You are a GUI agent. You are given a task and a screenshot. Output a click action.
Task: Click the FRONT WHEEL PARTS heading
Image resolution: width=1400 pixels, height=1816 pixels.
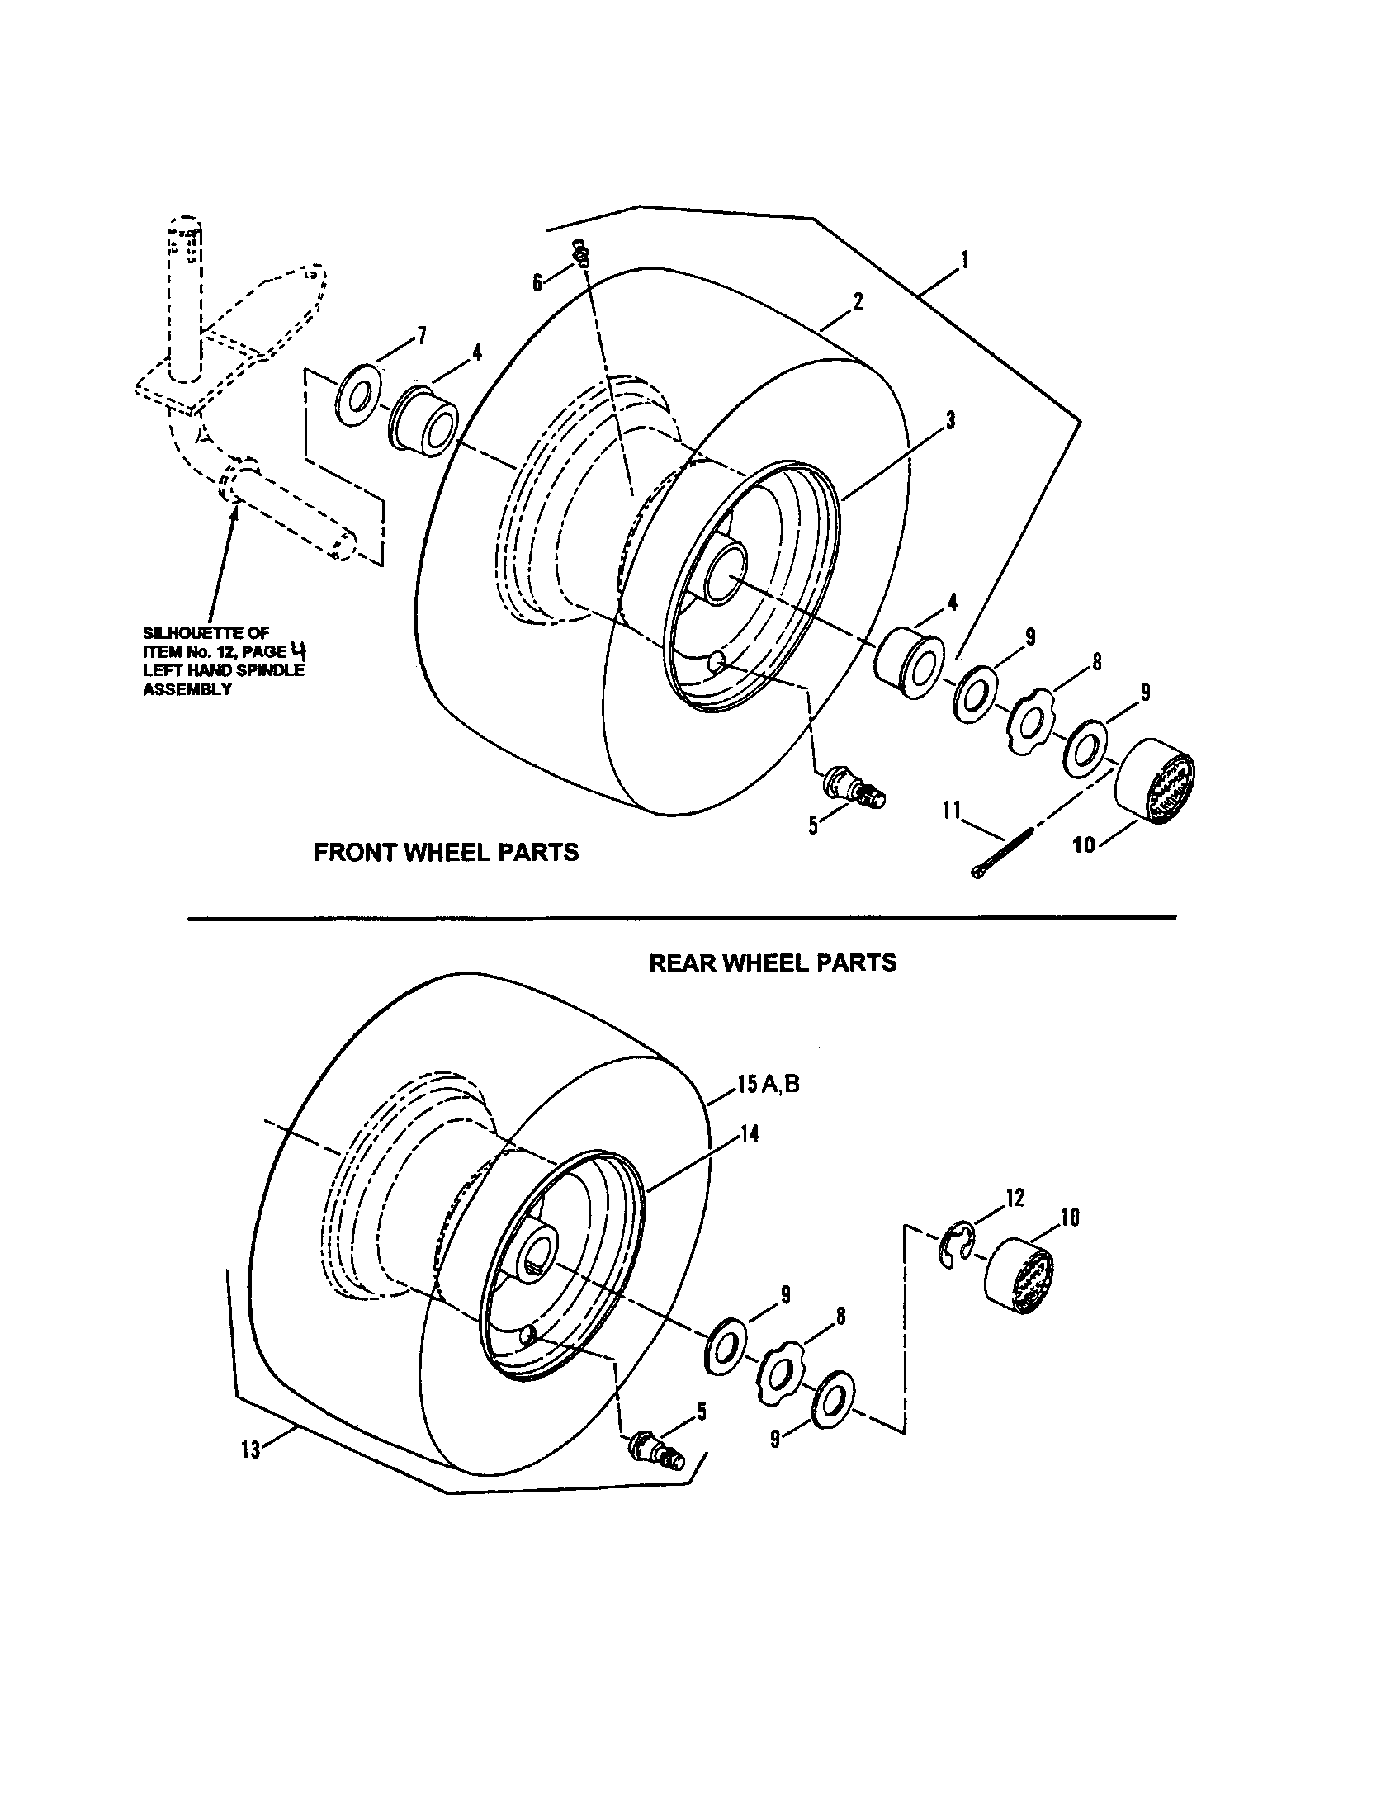tap(446, 853)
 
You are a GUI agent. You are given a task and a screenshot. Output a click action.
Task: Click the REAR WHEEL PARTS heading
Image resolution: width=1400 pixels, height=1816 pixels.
tap(773, 962)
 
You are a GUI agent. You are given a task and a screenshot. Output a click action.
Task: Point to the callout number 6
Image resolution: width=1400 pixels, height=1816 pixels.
tap(538, 283)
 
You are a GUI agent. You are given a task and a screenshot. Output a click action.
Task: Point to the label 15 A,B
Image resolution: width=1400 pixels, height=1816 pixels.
tap(768, 1085)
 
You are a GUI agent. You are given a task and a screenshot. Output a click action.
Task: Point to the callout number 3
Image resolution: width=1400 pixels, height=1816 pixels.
tap(949, 420)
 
